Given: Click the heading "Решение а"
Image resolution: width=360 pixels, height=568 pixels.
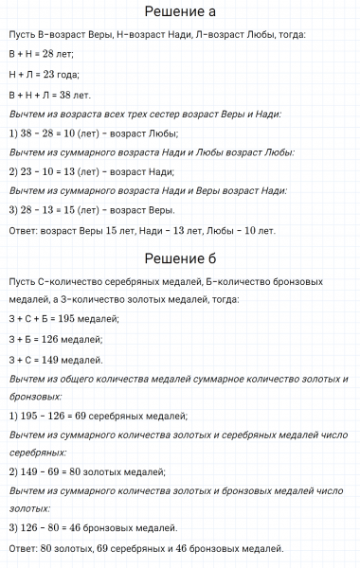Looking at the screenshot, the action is click(x=180, y=12).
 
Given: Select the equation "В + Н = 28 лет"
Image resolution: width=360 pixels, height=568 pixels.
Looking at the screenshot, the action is click(x=45, y=54).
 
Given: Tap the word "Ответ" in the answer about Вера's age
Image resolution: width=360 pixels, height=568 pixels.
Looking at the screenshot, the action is click(x=22, y=229).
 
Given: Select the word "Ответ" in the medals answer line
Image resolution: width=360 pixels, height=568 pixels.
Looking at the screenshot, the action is click(x=22, y=548).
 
